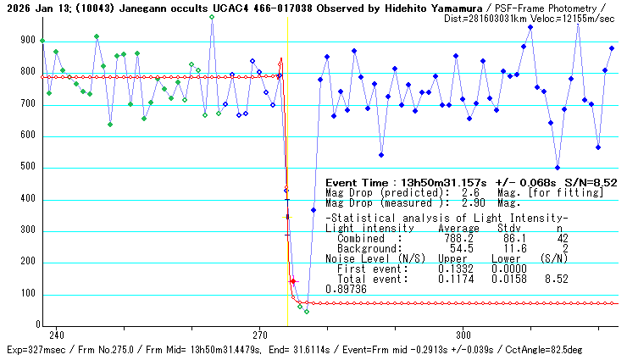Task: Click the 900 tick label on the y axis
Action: click(x=29, y=41)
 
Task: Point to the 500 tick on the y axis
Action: click(x=29, y=168)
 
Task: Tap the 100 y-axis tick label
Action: click(x=29, y=295)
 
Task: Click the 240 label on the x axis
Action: click(x=57, y=334)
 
